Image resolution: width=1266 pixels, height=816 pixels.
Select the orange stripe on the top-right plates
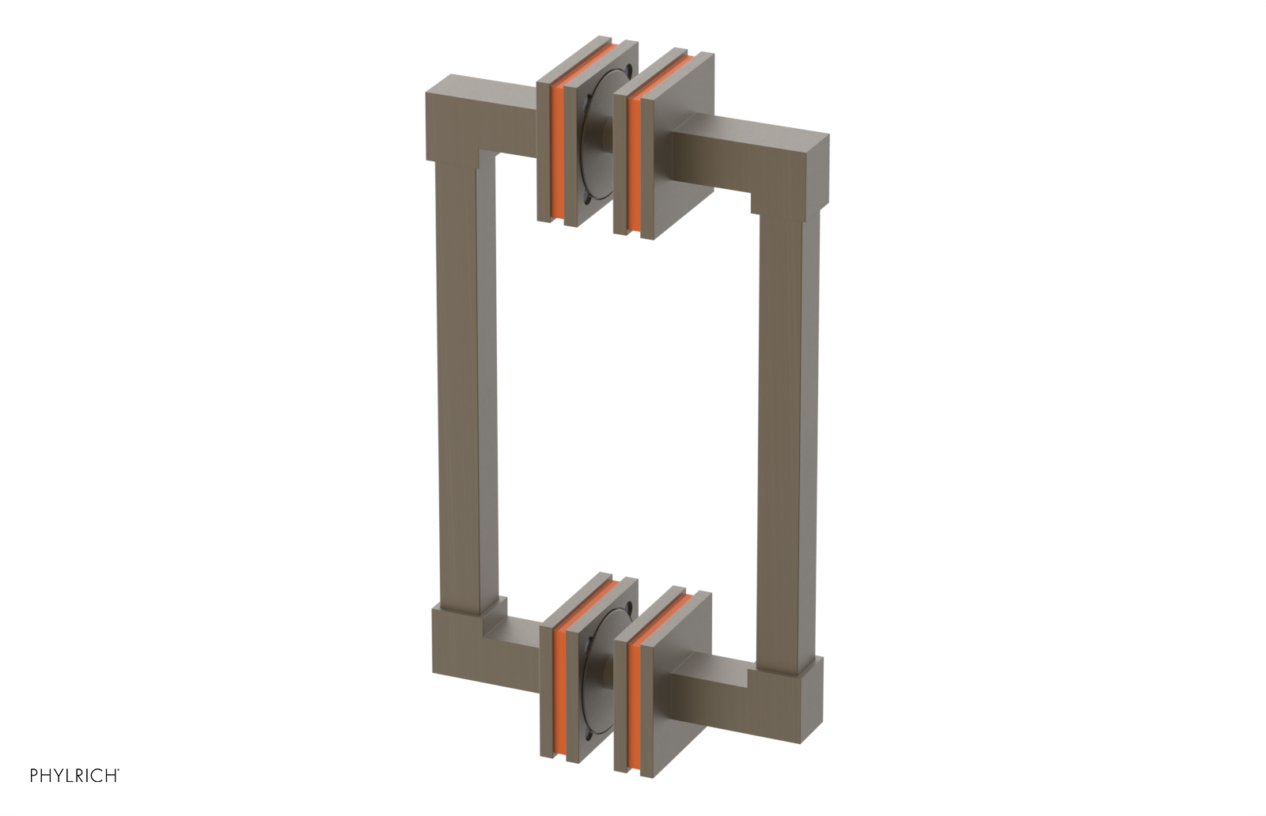point(632,166)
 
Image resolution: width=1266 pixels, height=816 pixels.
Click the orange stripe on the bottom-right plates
point(632,693)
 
